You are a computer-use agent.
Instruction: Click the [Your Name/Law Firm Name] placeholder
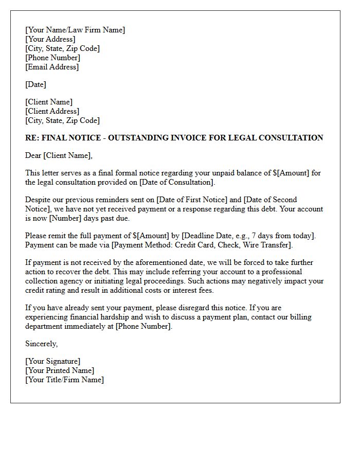tap(75, 30)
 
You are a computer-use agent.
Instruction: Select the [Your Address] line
tap(50, 39)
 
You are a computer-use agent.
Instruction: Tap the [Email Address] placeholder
tap(52, 67)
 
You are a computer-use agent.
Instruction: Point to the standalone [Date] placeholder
tap(35, 84)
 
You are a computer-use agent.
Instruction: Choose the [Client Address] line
tap(52, 111)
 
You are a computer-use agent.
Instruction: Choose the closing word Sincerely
tap(41, 344)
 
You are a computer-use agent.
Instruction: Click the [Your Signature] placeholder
tap(52, 361)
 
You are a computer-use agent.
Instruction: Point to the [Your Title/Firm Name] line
tap(64, 380)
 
